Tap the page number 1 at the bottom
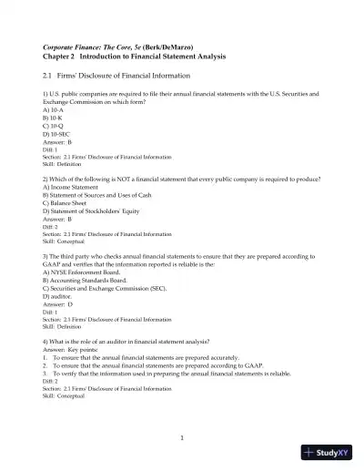click(x=182, y=438)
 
